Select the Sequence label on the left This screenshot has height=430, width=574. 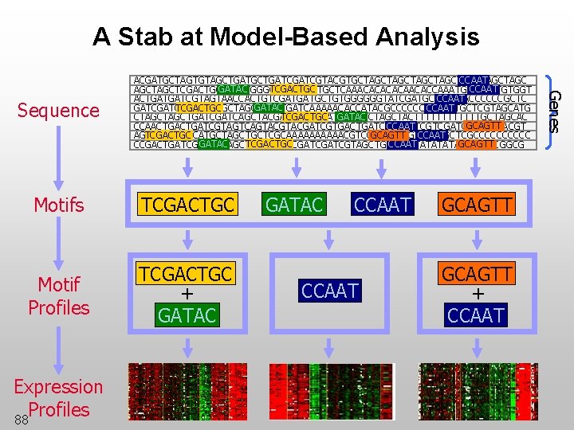pos(58,110)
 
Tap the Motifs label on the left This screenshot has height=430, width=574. pos(58,205)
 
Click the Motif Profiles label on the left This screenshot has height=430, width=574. pos(58,295)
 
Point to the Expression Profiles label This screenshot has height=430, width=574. pos(58,397)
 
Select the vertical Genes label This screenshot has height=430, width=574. pos(555,111)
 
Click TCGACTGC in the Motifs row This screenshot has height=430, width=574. pos(187,205)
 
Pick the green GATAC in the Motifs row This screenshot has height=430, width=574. pos(294,205)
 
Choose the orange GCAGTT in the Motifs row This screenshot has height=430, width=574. pos(475,205)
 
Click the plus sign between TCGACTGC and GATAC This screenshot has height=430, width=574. pos(187,295)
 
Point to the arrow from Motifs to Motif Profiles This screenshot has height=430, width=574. pos(58,247)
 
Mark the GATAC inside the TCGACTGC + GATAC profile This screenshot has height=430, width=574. pos(187,315)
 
